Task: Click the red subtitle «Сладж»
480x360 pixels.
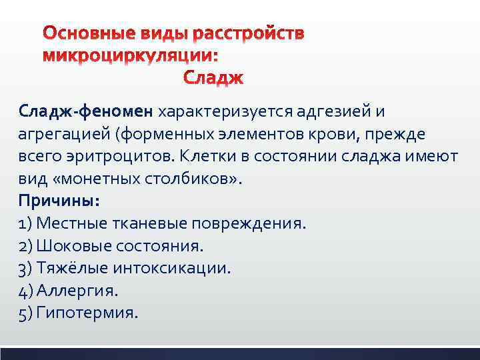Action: tap(213, 79)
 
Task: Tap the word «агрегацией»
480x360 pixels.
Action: tap(64, 133)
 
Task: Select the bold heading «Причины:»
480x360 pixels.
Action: tap(59, 200)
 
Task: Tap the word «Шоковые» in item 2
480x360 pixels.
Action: tap(71, 245)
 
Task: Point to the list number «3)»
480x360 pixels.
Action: tap(27, 268)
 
